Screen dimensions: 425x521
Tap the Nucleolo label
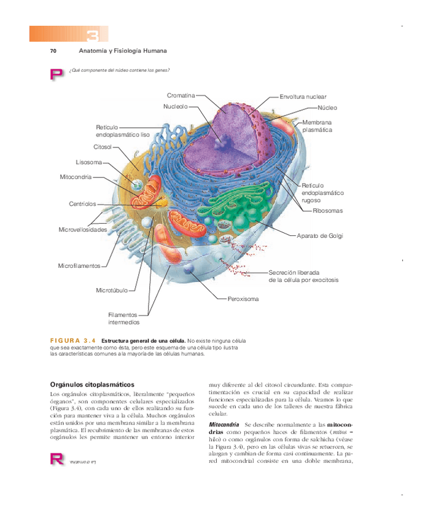(175, 106)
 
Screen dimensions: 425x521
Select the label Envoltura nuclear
(303, 97)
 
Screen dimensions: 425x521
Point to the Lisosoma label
(88, 162)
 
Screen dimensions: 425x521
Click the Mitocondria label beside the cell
(76, 177)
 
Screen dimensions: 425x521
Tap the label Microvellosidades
(83, 230)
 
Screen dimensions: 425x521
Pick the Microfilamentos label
(79, 266)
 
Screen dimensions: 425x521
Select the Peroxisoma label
(243, 299)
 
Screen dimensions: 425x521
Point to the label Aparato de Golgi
(319, 236)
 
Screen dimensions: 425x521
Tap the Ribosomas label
(327, 211)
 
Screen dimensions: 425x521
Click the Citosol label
(103, 147)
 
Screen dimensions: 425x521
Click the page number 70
(53, 50)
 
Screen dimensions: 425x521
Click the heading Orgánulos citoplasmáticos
(92, 384)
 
